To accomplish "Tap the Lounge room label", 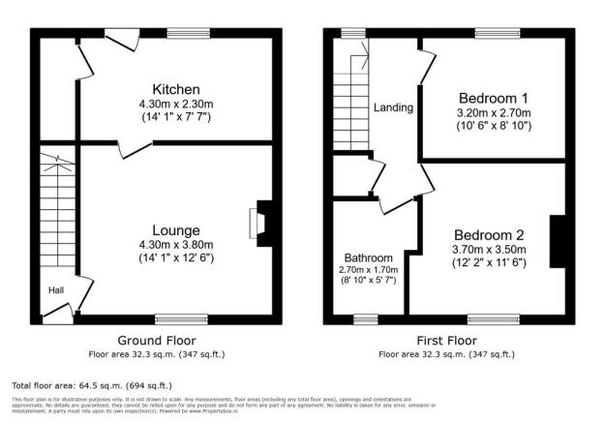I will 175,230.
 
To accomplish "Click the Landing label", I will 394,107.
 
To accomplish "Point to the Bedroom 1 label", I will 493,98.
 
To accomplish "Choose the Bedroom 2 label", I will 490,235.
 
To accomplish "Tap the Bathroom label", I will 372,257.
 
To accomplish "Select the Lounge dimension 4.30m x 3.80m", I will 175,245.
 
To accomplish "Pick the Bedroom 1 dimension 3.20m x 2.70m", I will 493,113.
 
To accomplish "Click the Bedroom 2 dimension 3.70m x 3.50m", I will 490,250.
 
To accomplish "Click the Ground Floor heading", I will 156,341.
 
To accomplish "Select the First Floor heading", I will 447,341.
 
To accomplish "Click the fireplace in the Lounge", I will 262,223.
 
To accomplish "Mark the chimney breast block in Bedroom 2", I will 559,241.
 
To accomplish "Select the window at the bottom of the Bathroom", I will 365,318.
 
